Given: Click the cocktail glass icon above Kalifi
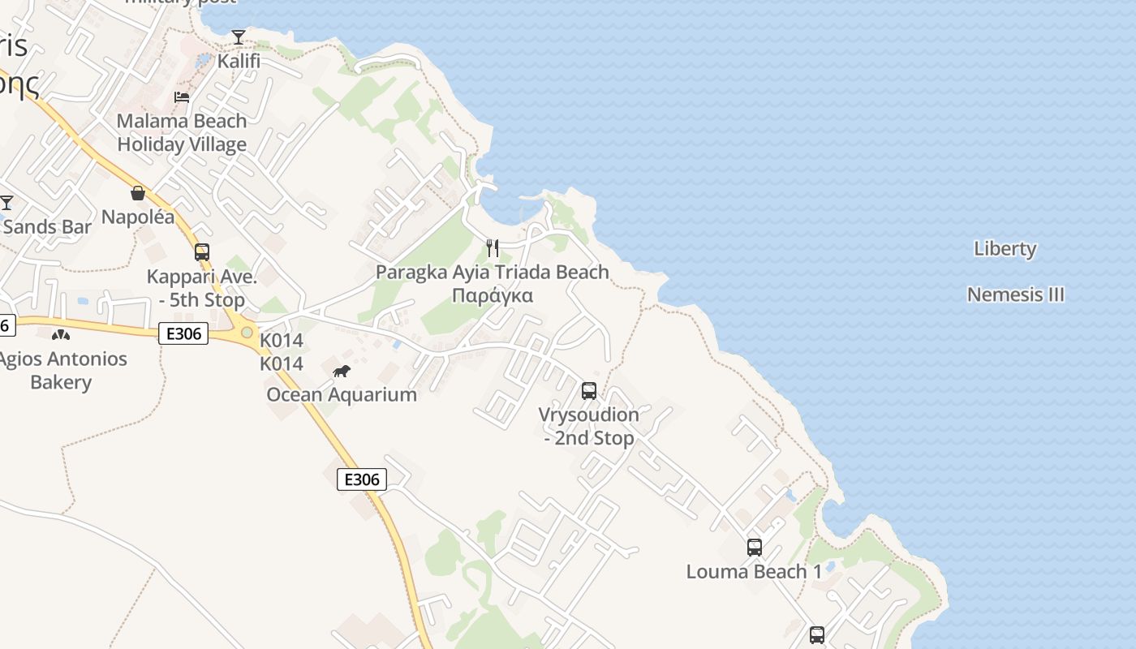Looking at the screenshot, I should pyautogui.click(x=238, y=37).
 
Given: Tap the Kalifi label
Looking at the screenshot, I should pyautogui.click(x=239, y=61).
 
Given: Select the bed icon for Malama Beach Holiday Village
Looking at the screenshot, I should pyautogui.click(x=182, y=97).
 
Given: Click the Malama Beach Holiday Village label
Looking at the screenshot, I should pyautogui.click(x=182, y=133).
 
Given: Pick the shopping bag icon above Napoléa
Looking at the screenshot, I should pyautogui.click(x=138, y=193).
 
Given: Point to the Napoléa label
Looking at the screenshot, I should pyautogui.click(x=138, y=217).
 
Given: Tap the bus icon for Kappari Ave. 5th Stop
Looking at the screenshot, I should pyautogui.click(x=202, y=252).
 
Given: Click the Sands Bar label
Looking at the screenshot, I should pyautogui.click(x=47, y=226).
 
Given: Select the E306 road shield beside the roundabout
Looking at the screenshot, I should pyautogui.click(x=183, y=333).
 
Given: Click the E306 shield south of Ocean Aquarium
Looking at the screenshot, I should pyautogui.click(x=362, y=479).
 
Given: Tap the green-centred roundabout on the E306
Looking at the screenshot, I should pyautogui.click(x=247, y=332).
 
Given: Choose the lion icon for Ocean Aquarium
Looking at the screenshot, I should pyautogui.click(x=342, y=372).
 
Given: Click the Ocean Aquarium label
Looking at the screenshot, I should pyautogui.click(x=342, y=395).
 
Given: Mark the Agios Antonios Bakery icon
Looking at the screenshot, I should pyautogui.click(x=61, y=334).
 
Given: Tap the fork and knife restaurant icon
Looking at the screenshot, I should pyautogui.click(x=493, y=248).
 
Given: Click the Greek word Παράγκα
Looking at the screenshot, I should pyautogui.click(x=492, y=295).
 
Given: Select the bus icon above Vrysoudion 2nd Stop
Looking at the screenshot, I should pyautogui.click(x=589, y=391).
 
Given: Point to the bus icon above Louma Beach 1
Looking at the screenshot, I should pyautogui.click(x=755, y=548).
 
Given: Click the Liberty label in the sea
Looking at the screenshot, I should pyautogui.click(x=1005, y=249).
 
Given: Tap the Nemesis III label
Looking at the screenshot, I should pyautogui.click(x=1015, y=294).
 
